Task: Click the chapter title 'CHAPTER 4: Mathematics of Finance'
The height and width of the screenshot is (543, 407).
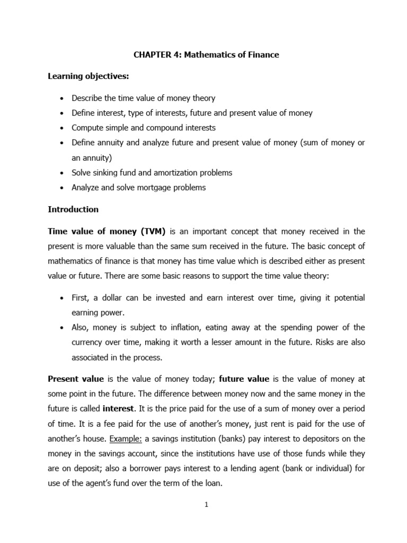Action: coord(206,55)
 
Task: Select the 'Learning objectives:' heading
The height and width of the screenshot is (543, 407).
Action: coord(89,77)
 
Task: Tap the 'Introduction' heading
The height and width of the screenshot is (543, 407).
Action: coord(73,209)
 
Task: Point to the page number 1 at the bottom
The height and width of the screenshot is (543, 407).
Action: coord(207,505)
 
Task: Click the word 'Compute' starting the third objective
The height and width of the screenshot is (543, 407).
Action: coord(87,128)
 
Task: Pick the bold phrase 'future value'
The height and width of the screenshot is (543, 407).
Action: coord(244,379)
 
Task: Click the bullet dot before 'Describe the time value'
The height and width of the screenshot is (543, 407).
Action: coord(63,99)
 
